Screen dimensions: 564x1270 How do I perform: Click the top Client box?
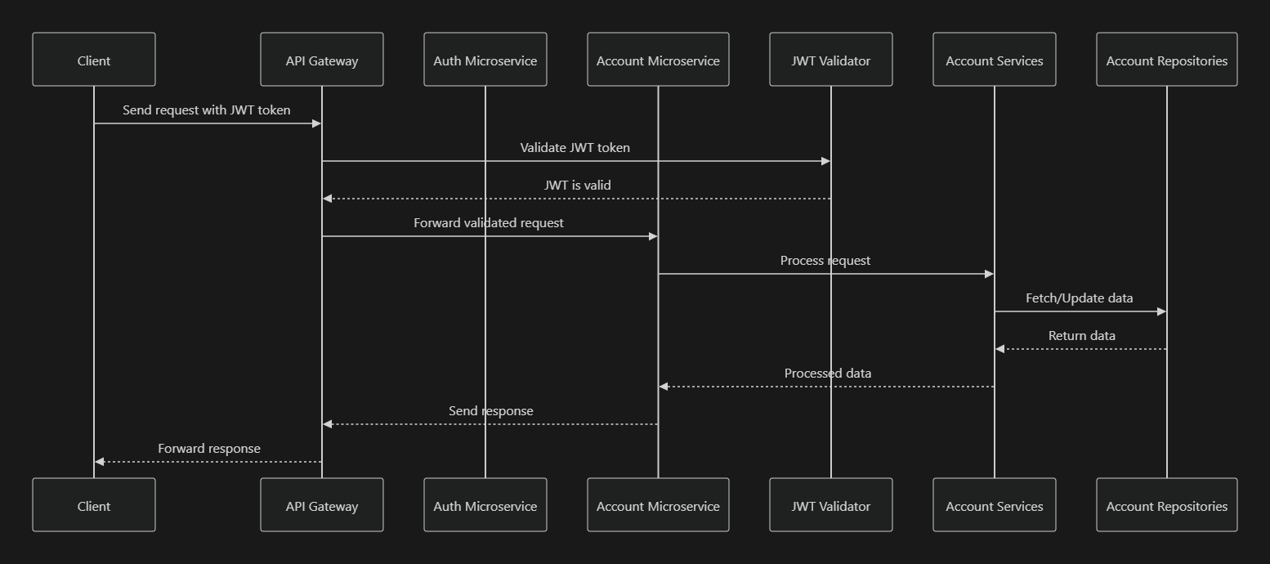94,60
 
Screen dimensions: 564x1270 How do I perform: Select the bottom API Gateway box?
322,505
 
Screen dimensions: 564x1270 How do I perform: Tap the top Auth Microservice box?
485,60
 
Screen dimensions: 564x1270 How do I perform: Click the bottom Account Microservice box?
658,505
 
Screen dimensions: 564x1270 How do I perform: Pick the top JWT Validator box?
831,60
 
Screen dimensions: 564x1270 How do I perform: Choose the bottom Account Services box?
995,505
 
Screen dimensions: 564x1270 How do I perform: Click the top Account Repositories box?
1167,60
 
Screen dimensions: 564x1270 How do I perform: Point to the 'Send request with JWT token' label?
207,110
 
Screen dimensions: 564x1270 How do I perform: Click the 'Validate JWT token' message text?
575,147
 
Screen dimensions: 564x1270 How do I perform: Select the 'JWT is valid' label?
577,185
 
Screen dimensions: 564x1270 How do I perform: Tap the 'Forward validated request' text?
489,222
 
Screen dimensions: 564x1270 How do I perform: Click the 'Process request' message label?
825,260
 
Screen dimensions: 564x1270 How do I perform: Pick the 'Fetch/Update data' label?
1080,298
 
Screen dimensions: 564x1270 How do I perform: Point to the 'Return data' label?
1082,335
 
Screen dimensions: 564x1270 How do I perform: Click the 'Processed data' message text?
828,373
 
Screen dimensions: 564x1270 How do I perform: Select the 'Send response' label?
491,410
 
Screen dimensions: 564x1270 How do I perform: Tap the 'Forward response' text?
209,448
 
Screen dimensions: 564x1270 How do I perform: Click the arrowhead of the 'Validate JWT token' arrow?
825,161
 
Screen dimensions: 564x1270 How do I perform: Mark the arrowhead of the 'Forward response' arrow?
100,462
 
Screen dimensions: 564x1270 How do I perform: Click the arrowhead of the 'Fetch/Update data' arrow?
1161,311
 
